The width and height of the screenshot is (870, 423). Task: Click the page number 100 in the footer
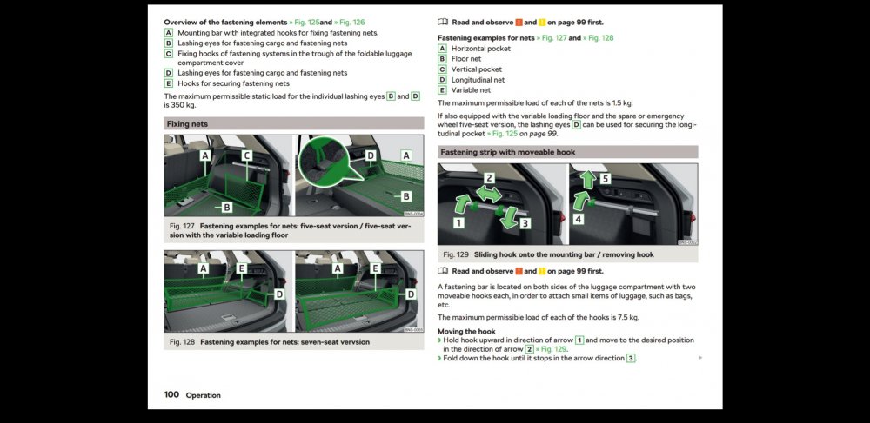tap(171, 394)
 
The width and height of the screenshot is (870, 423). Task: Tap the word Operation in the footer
tap(203, 395)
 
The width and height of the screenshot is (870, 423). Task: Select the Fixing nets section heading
tap(188, 124)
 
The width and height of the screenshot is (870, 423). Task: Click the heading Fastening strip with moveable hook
tap(508, 152)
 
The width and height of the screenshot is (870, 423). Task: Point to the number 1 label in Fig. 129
tap(458, 222)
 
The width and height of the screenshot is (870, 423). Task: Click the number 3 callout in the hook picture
tap(525, 224)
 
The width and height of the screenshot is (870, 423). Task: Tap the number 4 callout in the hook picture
tap(579, 219)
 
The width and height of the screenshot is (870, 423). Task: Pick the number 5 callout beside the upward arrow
tap(606, 178)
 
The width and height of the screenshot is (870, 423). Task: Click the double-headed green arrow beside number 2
tap(489, 193)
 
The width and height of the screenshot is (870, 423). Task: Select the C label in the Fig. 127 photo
tap(247, 156)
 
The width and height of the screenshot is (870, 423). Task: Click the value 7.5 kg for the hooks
tap(628, 318)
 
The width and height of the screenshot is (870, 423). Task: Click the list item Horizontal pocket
tap(481, 49)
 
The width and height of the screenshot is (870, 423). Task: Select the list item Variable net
tap(471, 90)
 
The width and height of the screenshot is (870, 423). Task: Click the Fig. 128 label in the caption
tap(182, 342)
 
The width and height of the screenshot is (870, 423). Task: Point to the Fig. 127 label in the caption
tap(182, 227)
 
